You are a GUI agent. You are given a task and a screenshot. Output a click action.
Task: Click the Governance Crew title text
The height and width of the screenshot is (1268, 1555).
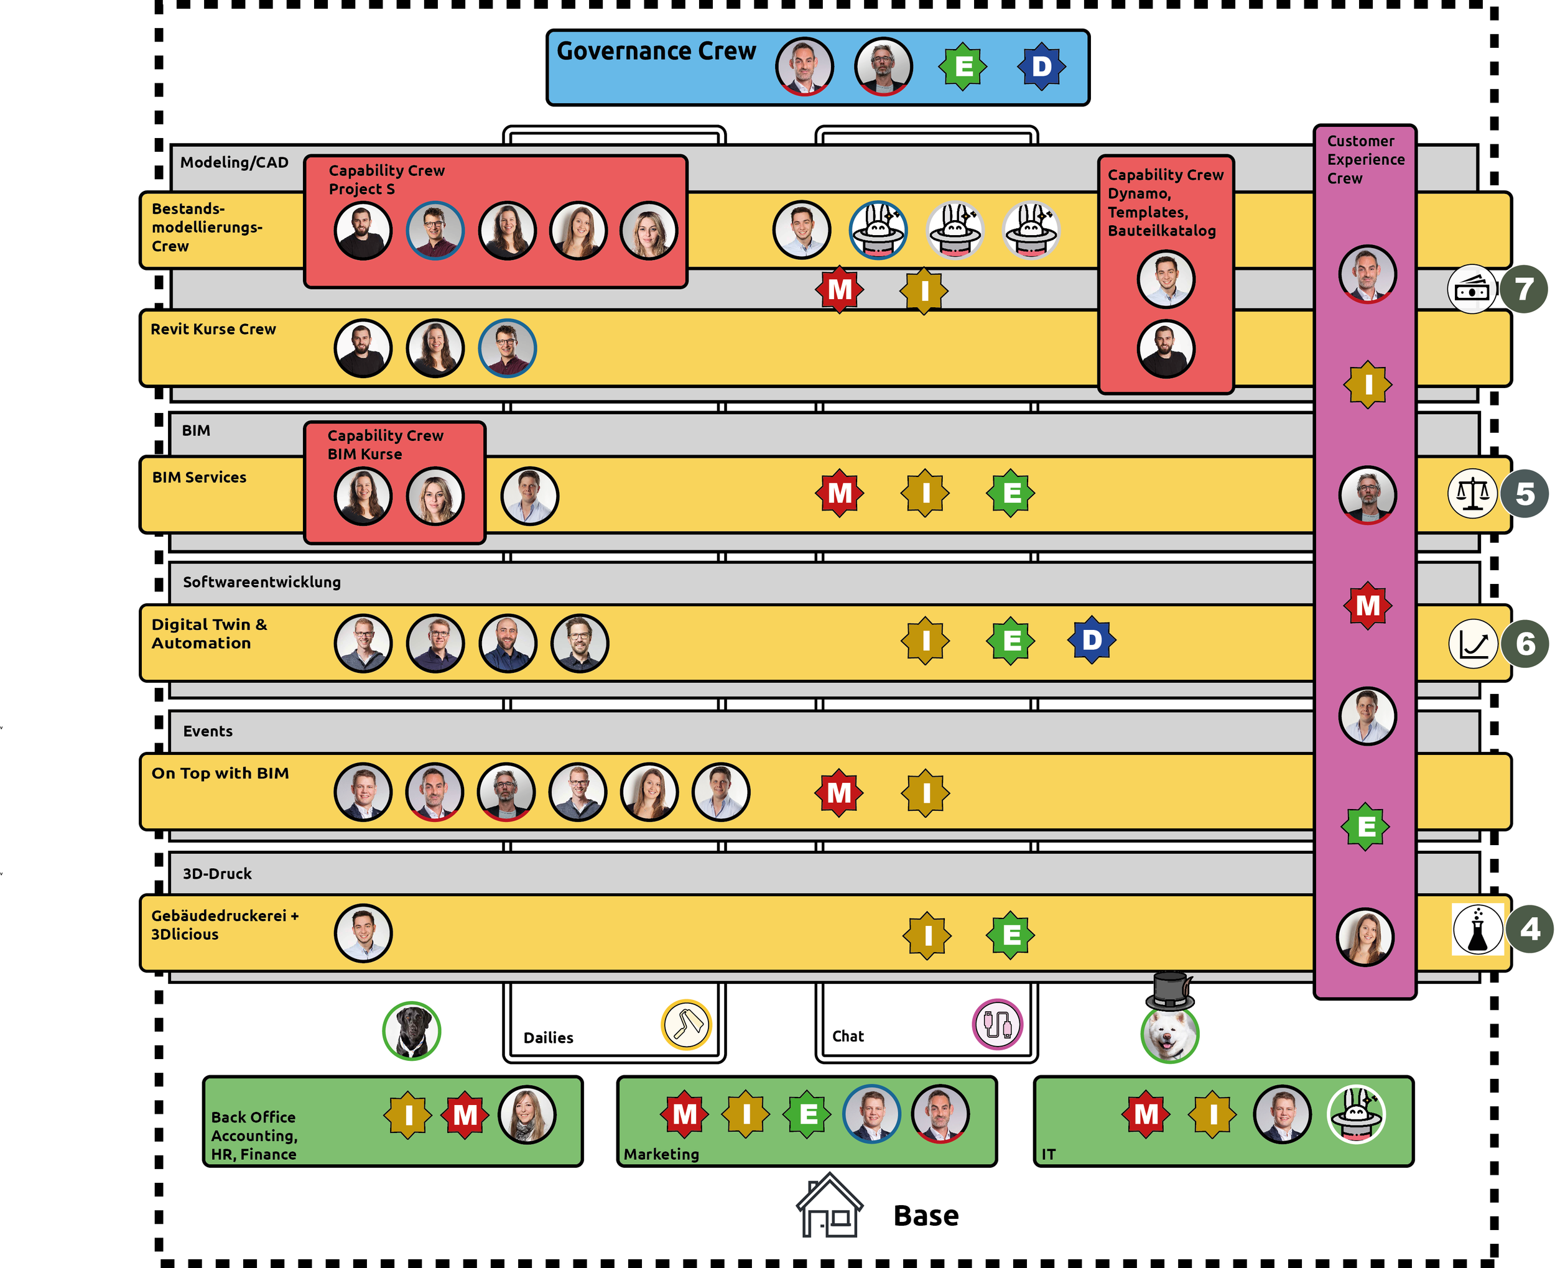(655, 51)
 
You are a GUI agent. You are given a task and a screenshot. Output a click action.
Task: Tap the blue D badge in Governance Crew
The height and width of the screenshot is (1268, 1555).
(1041, 67)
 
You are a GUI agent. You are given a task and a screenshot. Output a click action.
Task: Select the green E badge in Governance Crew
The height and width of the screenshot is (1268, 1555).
(963, 67)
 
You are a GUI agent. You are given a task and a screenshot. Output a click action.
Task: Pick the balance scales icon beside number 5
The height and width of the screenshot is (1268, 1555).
(1472, 494)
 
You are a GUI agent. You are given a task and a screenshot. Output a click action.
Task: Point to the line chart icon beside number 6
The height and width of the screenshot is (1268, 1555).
(1472, 644)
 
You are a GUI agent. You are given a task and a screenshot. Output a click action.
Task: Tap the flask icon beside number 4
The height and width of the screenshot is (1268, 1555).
(1477, 929)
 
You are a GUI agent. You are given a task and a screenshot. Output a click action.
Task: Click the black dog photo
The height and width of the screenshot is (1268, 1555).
(411, 1030)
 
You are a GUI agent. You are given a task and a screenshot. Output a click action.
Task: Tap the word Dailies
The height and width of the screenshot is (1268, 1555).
(548, 1037)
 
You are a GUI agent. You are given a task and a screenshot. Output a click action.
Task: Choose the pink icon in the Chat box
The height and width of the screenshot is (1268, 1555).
(997, 1024)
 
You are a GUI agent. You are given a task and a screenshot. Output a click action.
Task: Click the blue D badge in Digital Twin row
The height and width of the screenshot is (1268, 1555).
(1091, 641)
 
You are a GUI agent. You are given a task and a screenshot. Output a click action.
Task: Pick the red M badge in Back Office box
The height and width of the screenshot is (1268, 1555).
(465, 1116)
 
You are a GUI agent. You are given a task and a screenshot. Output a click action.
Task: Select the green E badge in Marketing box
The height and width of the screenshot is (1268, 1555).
(807, 1114)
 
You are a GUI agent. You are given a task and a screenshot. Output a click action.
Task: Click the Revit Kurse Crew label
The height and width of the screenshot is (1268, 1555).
(213, 330)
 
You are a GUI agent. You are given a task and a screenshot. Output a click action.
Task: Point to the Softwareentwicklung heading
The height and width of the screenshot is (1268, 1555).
(261, 582)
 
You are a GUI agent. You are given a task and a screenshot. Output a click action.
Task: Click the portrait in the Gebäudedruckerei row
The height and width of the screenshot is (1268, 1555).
(363, 933)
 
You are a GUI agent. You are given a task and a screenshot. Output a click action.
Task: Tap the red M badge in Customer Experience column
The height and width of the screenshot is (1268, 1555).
(1367, 606)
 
